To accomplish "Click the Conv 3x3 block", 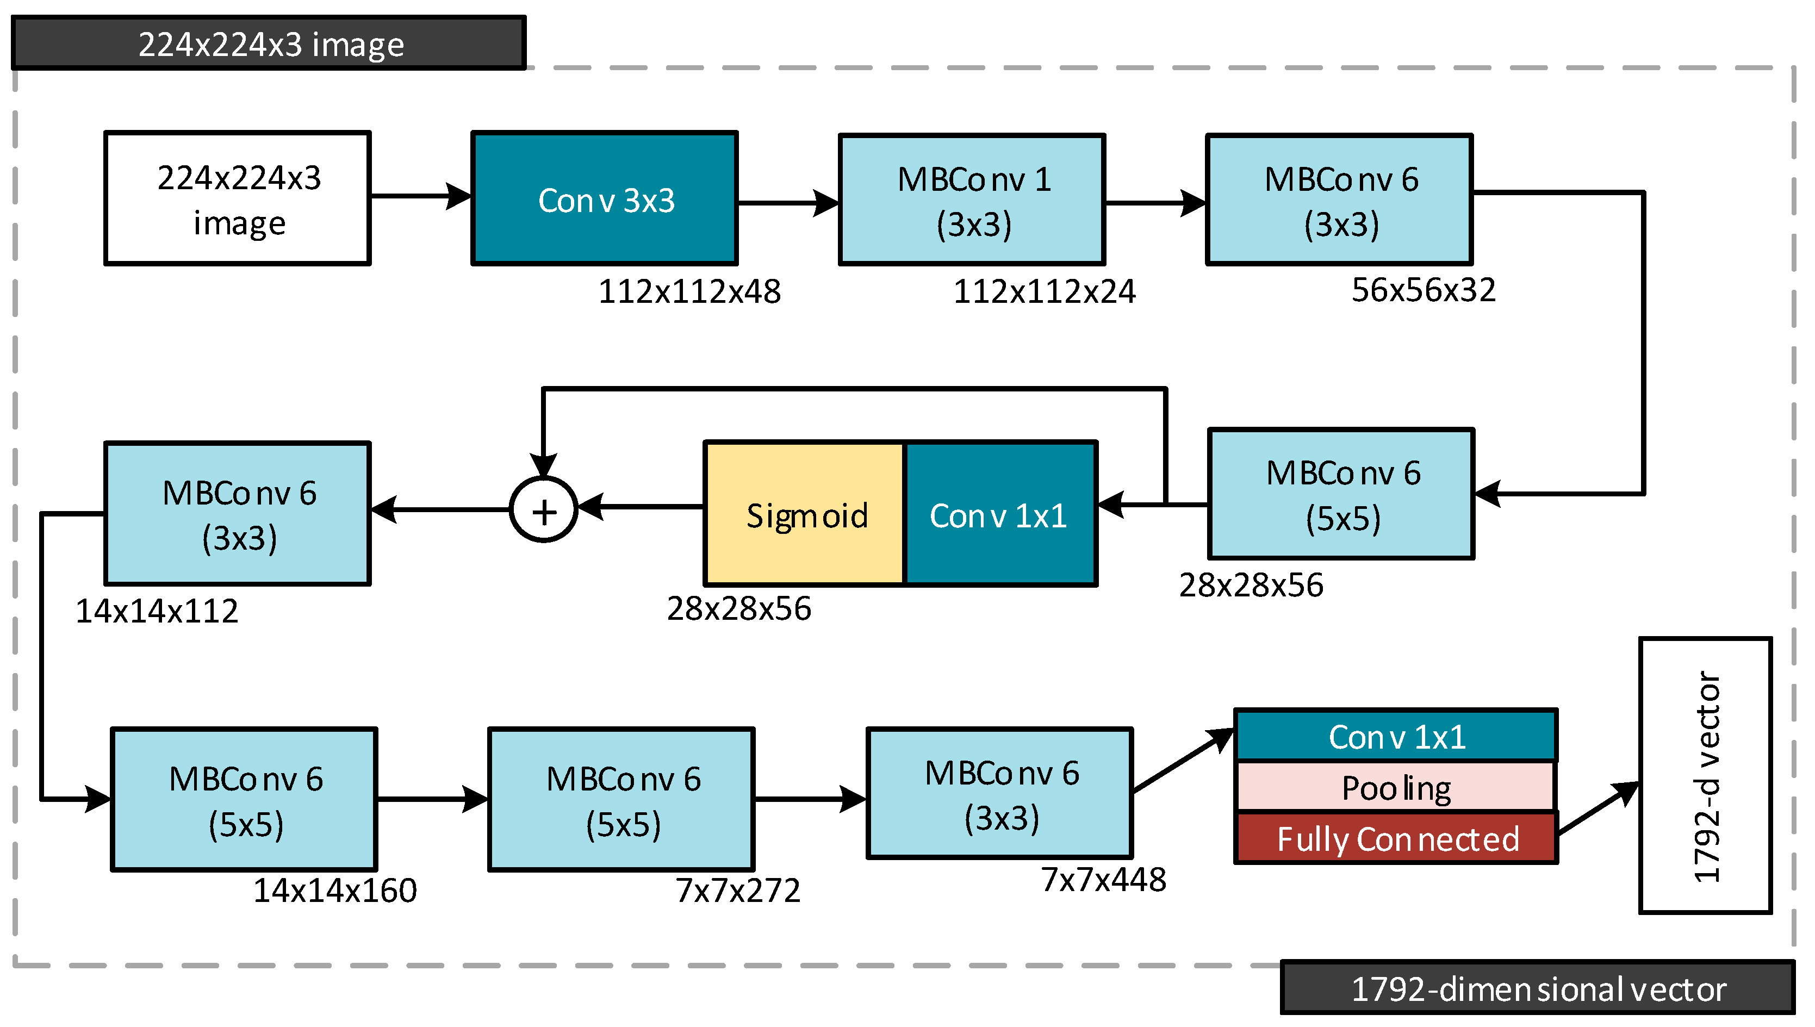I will [605, 199].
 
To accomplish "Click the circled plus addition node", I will [544, 510].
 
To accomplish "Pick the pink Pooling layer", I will [1395, 787].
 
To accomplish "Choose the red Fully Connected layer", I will [1395, 839].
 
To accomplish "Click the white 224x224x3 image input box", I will [238, 199].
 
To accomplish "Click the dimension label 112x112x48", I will [689, 291].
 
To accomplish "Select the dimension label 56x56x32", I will [1423, 290].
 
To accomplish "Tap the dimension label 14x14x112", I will [157, 611].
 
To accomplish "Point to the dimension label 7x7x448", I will [1103, 880].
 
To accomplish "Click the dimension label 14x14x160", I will [335, 890].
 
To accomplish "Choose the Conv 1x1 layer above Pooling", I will [1395, 736].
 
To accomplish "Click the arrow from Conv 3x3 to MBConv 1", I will [787, 203].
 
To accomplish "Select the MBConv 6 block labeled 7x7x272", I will [621, 800].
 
